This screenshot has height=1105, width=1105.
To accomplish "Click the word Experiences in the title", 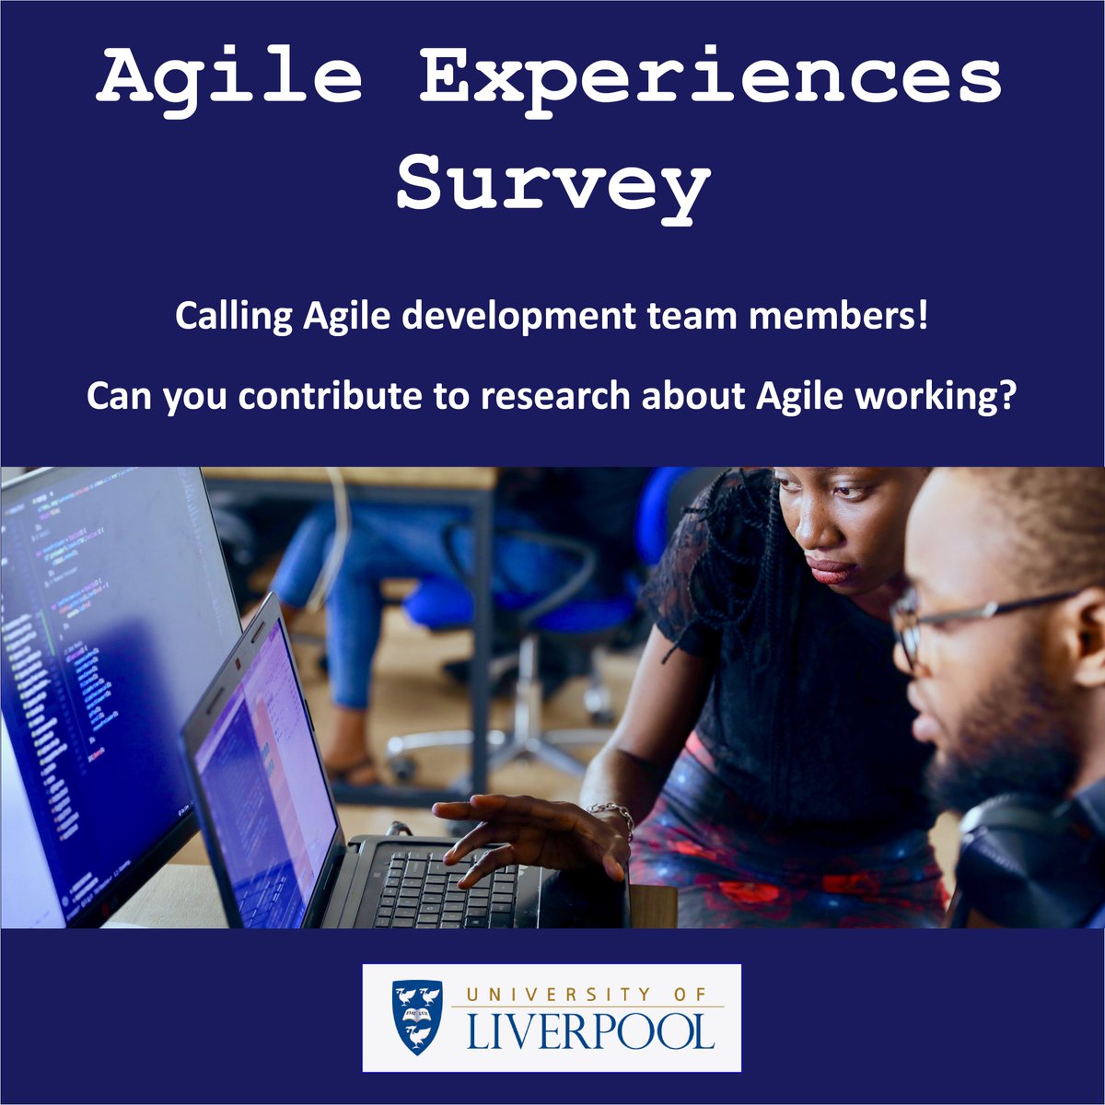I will point(710,81).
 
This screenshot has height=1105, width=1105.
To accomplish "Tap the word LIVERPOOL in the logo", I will point(589,1032).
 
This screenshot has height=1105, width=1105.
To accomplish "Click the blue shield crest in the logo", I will point(417,1018).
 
